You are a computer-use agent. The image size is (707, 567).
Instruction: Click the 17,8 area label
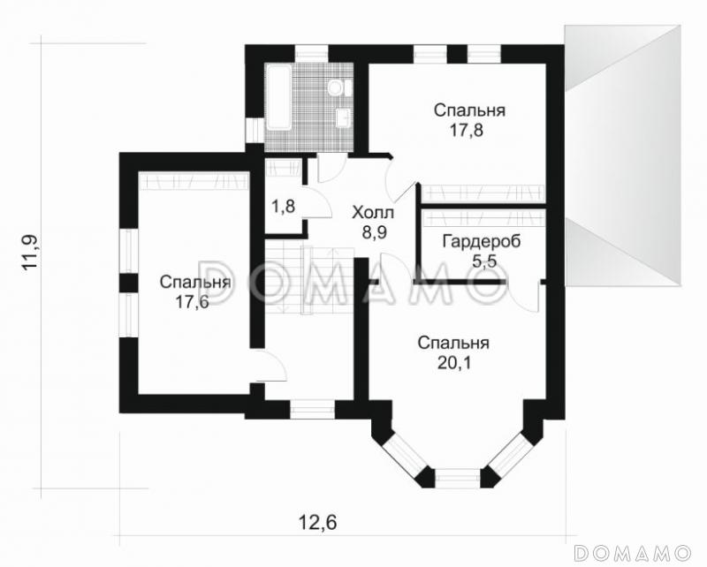pos(467,130)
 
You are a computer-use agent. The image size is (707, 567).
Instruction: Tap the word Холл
pos(373,212)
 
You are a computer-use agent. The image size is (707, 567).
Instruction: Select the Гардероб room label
pos(482,242)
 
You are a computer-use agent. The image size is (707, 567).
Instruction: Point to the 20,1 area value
pos(454,363)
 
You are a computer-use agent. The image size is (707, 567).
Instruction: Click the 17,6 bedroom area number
pos(192,302)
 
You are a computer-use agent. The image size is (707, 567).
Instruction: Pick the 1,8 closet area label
pos(283,207)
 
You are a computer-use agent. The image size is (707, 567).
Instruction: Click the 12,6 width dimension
pos(318,523)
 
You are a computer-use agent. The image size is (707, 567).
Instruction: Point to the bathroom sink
pos(344,118)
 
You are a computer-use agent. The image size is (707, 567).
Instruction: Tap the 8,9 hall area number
pos(374,232)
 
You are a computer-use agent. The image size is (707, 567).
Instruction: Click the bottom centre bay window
pos(458,478)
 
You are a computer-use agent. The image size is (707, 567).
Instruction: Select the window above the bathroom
pos(312,53)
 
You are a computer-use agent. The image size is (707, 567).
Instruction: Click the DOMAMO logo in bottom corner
pos(633,552)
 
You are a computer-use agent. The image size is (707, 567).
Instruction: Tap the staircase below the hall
pos(308,277)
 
